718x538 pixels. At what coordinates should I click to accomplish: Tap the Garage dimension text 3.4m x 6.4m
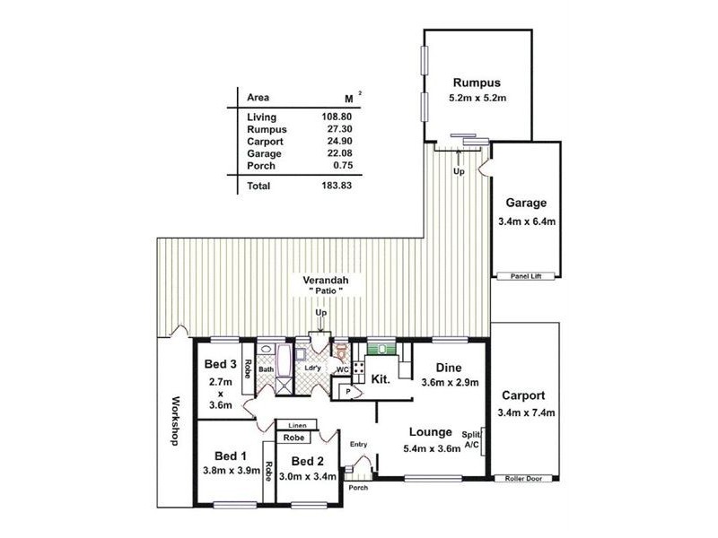[x=525, y=221]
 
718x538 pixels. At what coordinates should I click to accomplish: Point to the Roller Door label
[x=525, y=479]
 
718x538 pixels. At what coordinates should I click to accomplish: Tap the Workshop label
[x=176, y=421]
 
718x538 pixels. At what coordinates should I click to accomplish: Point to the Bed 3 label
[x=220, y=364]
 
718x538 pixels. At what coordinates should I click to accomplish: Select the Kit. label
[x=381, y=379]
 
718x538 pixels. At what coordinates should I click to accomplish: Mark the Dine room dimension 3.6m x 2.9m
[x=451, y=383]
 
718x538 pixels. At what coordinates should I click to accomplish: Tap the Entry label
[x=359, y=443]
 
